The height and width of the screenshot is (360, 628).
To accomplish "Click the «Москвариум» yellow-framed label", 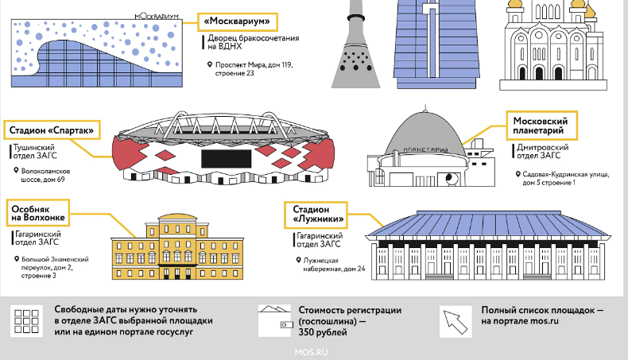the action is click(x=238, y=21).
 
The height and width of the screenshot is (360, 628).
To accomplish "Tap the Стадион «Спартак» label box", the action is click(x=52, y=130).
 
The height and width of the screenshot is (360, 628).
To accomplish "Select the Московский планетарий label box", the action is click(x=542, y=126).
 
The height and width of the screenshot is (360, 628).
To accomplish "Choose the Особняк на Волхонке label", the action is click(x=38, y=213).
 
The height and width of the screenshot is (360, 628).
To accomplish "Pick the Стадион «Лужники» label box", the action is click(x=316, y=215).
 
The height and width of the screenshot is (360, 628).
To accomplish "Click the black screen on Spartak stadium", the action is click(x=227, y=159).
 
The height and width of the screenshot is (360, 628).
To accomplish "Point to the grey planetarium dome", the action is click(x=425, y=134).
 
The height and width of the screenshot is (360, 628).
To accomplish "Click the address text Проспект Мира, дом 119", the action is click(x=254, y=65).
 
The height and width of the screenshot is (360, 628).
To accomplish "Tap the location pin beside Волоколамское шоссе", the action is click(x=16, y=171).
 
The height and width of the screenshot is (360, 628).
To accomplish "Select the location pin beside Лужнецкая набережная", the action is click(x=298, y=261).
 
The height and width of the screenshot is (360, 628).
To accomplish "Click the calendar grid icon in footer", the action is click(x=26, y=321).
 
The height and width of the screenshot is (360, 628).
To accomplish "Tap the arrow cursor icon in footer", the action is click(x=455, y=322).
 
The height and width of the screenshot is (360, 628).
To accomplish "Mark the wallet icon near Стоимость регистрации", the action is click(x=274, y=320).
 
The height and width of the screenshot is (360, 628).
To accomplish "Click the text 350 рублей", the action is click(x=323, y=332).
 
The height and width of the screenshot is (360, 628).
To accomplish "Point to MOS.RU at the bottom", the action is click(x=311, y=352).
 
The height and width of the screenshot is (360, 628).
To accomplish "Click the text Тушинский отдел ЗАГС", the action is click(x=35, y=151).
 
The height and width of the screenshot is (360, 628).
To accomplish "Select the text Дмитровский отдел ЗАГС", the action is click(x=542, y=151).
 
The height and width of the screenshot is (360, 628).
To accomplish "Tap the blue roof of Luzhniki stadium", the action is click(x=488, y=224).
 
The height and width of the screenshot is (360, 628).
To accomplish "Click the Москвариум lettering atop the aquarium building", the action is click(x=157, y=17).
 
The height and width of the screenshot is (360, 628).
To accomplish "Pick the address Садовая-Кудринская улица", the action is click(x=566, y=174).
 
